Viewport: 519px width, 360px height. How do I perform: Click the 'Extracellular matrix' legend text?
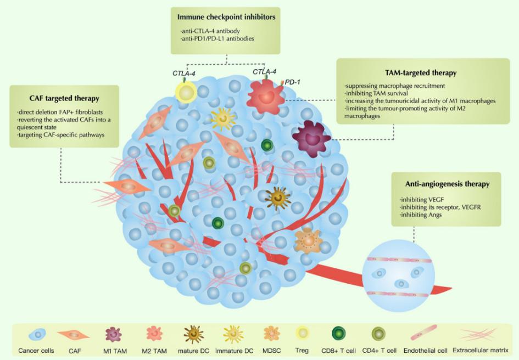[x=483, y=350]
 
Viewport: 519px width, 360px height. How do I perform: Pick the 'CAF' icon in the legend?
[x=76, y=335]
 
